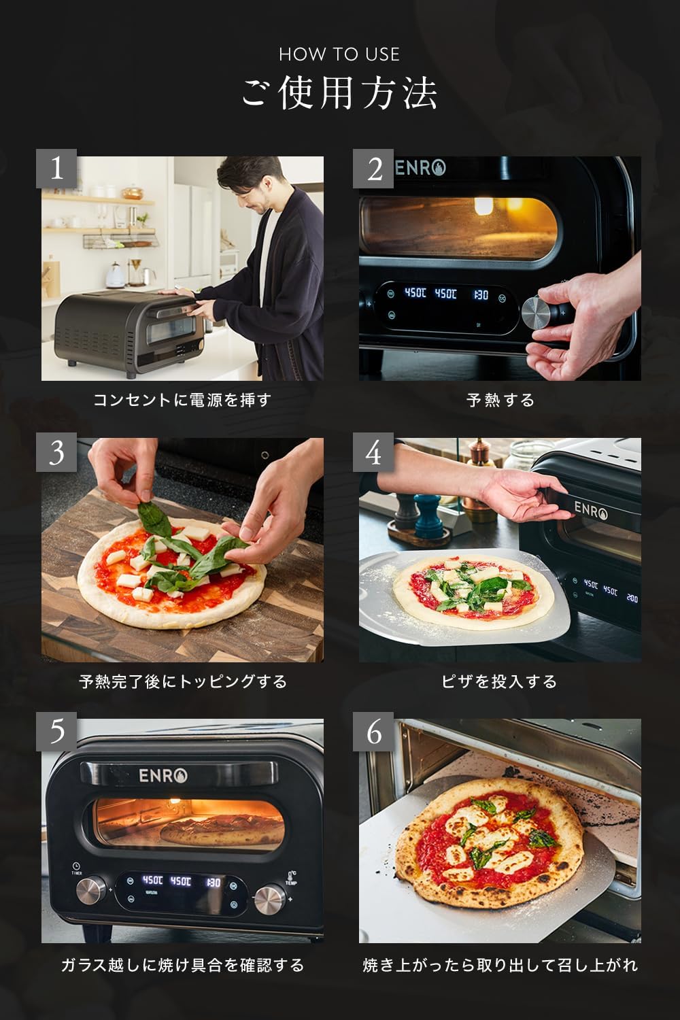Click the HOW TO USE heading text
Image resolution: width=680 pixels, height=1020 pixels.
pyautogui.click(x=339, y=54)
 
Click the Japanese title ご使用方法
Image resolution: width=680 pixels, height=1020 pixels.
pyautogui.click(x=339, y=93)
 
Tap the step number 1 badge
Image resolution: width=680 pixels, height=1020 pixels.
pyautogui.click(x=57, y=168)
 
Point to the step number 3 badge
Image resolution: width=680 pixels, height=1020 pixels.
pyautogui.click(x=57, y=452)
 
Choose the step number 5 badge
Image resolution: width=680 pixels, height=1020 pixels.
pyautogui.click(x=57, y=732)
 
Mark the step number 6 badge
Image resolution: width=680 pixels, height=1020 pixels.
pyautogui.click(x=373, y=732)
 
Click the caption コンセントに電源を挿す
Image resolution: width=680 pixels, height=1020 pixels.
pyautogui.click(x=182, y=400)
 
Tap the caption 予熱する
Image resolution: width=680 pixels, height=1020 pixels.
pyautogui.click(x=500, y=400)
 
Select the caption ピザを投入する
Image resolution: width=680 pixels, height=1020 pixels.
pyautogui.click(x=500, y=681)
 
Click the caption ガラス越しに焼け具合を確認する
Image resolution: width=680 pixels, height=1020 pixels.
pyautogui.click(x=182, y=964)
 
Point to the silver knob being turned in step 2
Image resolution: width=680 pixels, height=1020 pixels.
pyautogui.click(x=537, y=313)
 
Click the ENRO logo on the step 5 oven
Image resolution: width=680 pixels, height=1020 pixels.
pyautogui.click(x=163, y=775)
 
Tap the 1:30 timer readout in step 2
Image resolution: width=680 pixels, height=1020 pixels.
pyautogui.click(x=481, y=294)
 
